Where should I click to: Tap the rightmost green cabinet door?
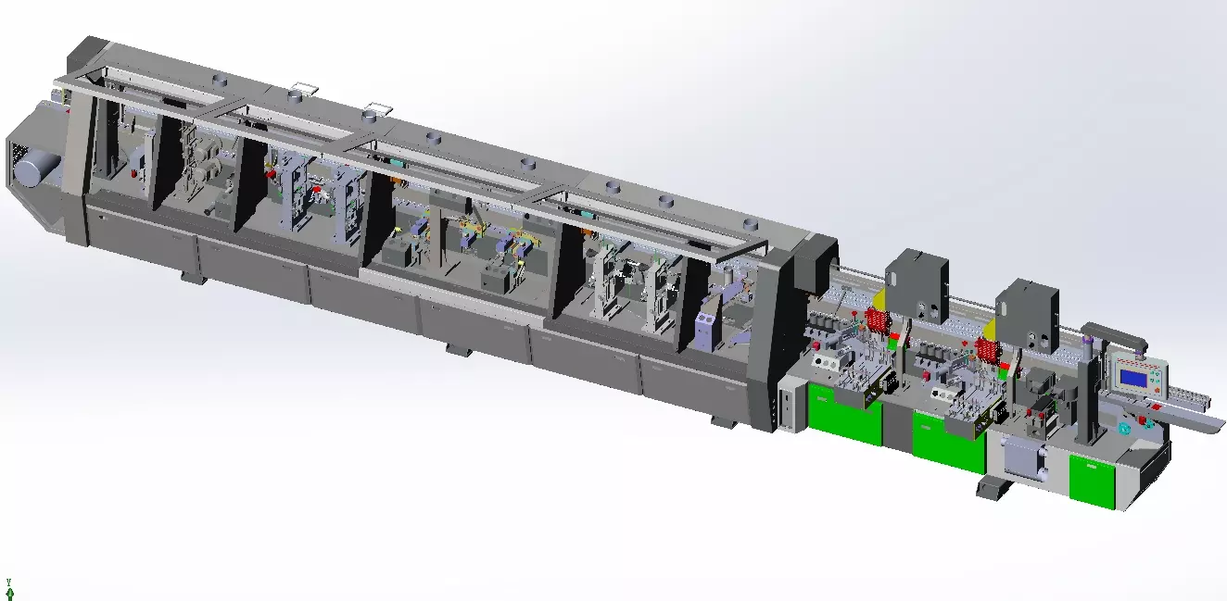tap(1092, 480)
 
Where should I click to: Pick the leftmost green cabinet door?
tap(843, 415)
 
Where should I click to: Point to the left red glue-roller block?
tap(877, 321)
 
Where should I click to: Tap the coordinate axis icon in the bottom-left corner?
tap(9, 589)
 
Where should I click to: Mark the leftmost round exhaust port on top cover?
tap(220, 81)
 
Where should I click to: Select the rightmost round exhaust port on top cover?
tap(749, 225)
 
